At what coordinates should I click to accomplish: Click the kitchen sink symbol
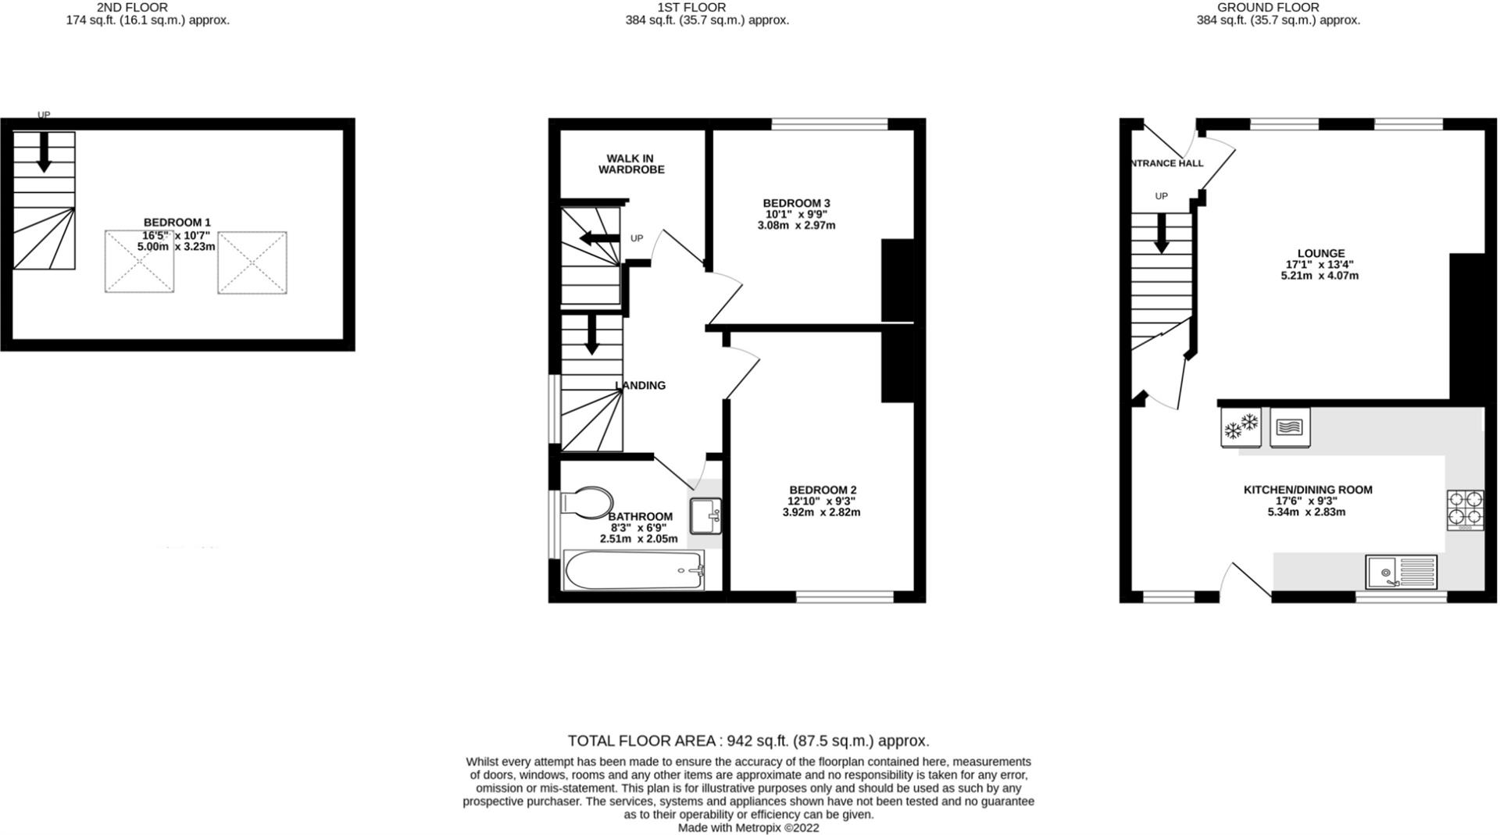[1402, 572]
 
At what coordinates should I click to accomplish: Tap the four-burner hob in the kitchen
[1466, 509]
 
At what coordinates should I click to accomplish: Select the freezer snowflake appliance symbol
[1241, 427]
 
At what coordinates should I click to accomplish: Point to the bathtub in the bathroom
[634, 570]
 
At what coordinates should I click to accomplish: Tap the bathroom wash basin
[705, 516]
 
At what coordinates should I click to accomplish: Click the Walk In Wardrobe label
[631, 164]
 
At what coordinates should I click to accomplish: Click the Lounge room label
[1321, 253]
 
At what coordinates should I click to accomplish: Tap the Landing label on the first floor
[641, 385]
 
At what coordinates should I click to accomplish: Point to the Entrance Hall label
[1166, 163]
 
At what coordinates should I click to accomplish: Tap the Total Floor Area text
[748, 740]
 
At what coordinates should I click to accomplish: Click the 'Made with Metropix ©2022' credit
[748, 828]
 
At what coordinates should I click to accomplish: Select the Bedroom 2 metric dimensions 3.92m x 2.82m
[821, 512]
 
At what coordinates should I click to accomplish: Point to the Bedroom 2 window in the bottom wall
[845, 598]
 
